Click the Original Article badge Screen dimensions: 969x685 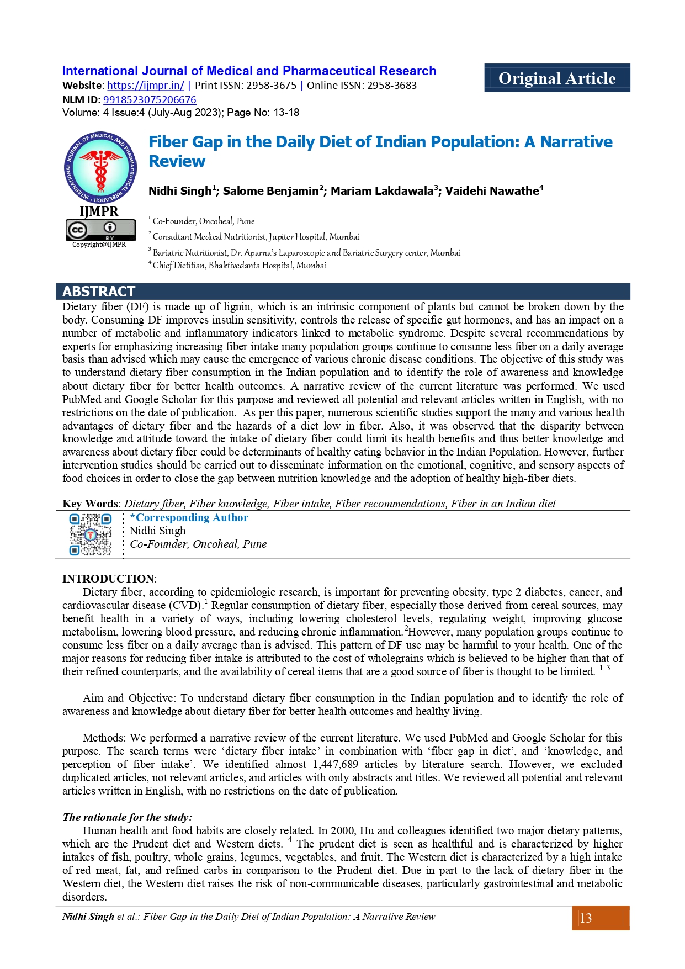(556, 78)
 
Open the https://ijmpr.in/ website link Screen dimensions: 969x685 (146, 86)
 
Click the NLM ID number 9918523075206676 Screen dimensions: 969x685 (150, 100)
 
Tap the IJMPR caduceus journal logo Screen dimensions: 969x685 (100, 167)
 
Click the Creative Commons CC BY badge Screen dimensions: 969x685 (100, 229)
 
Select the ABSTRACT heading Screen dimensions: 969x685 (99, 292)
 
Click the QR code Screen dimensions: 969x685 (91, 534)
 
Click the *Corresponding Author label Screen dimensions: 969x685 (189, 518)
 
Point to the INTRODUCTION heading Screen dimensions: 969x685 (108, 579)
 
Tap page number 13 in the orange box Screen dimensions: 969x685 (586, 918)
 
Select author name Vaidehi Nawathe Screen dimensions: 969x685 (492, 191)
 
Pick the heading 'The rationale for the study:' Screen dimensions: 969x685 (128, 817)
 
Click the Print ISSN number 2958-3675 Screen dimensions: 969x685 (271, 86)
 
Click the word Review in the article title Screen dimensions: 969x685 (177, 161)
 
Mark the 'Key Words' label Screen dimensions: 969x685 (90, 504)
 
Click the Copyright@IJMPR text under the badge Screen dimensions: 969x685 (99, 245)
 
